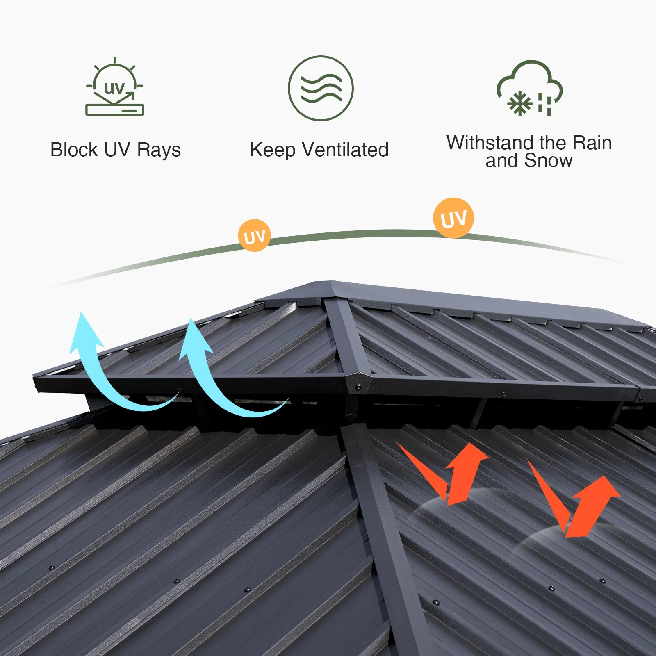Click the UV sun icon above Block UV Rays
pos(115,87)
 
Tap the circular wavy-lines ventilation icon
pos(321,88)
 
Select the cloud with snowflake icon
pos(530,89)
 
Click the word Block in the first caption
pos(74,150)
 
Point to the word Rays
pos(159,150)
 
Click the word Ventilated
pos(345,150)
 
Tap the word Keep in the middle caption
pos(272,150)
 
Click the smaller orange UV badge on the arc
pos(254,236)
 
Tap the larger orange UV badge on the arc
pos(453,218)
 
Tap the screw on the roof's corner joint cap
pos(358,386)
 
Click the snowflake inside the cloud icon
pos(519,103)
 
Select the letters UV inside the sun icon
pos(114,88)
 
